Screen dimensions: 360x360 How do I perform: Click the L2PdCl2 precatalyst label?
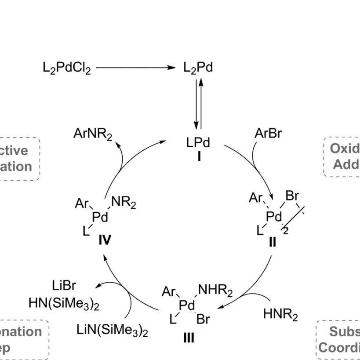coord(67,69)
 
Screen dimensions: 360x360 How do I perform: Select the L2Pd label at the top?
coord(198,69)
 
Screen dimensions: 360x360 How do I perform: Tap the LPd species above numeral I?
coord(198,143)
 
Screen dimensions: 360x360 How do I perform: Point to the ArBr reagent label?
coord(268,134)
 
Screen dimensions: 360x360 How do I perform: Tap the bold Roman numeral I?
coord(199,156)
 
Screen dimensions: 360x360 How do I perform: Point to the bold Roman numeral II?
coord(273,242)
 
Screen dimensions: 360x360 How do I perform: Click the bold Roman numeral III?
coord(189,338)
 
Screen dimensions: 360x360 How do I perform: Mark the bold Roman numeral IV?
coord(105,240)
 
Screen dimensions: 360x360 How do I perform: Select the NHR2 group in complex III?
coord(215,291)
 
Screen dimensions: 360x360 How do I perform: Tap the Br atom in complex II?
coord(292,196)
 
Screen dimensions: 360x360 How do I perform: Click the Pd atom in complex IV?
coord(100,217)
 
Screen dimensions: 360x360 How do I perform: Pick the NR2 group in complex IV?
coord(124,204)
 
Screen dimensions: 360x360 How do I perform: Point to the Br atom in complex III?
coord(203,319)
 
